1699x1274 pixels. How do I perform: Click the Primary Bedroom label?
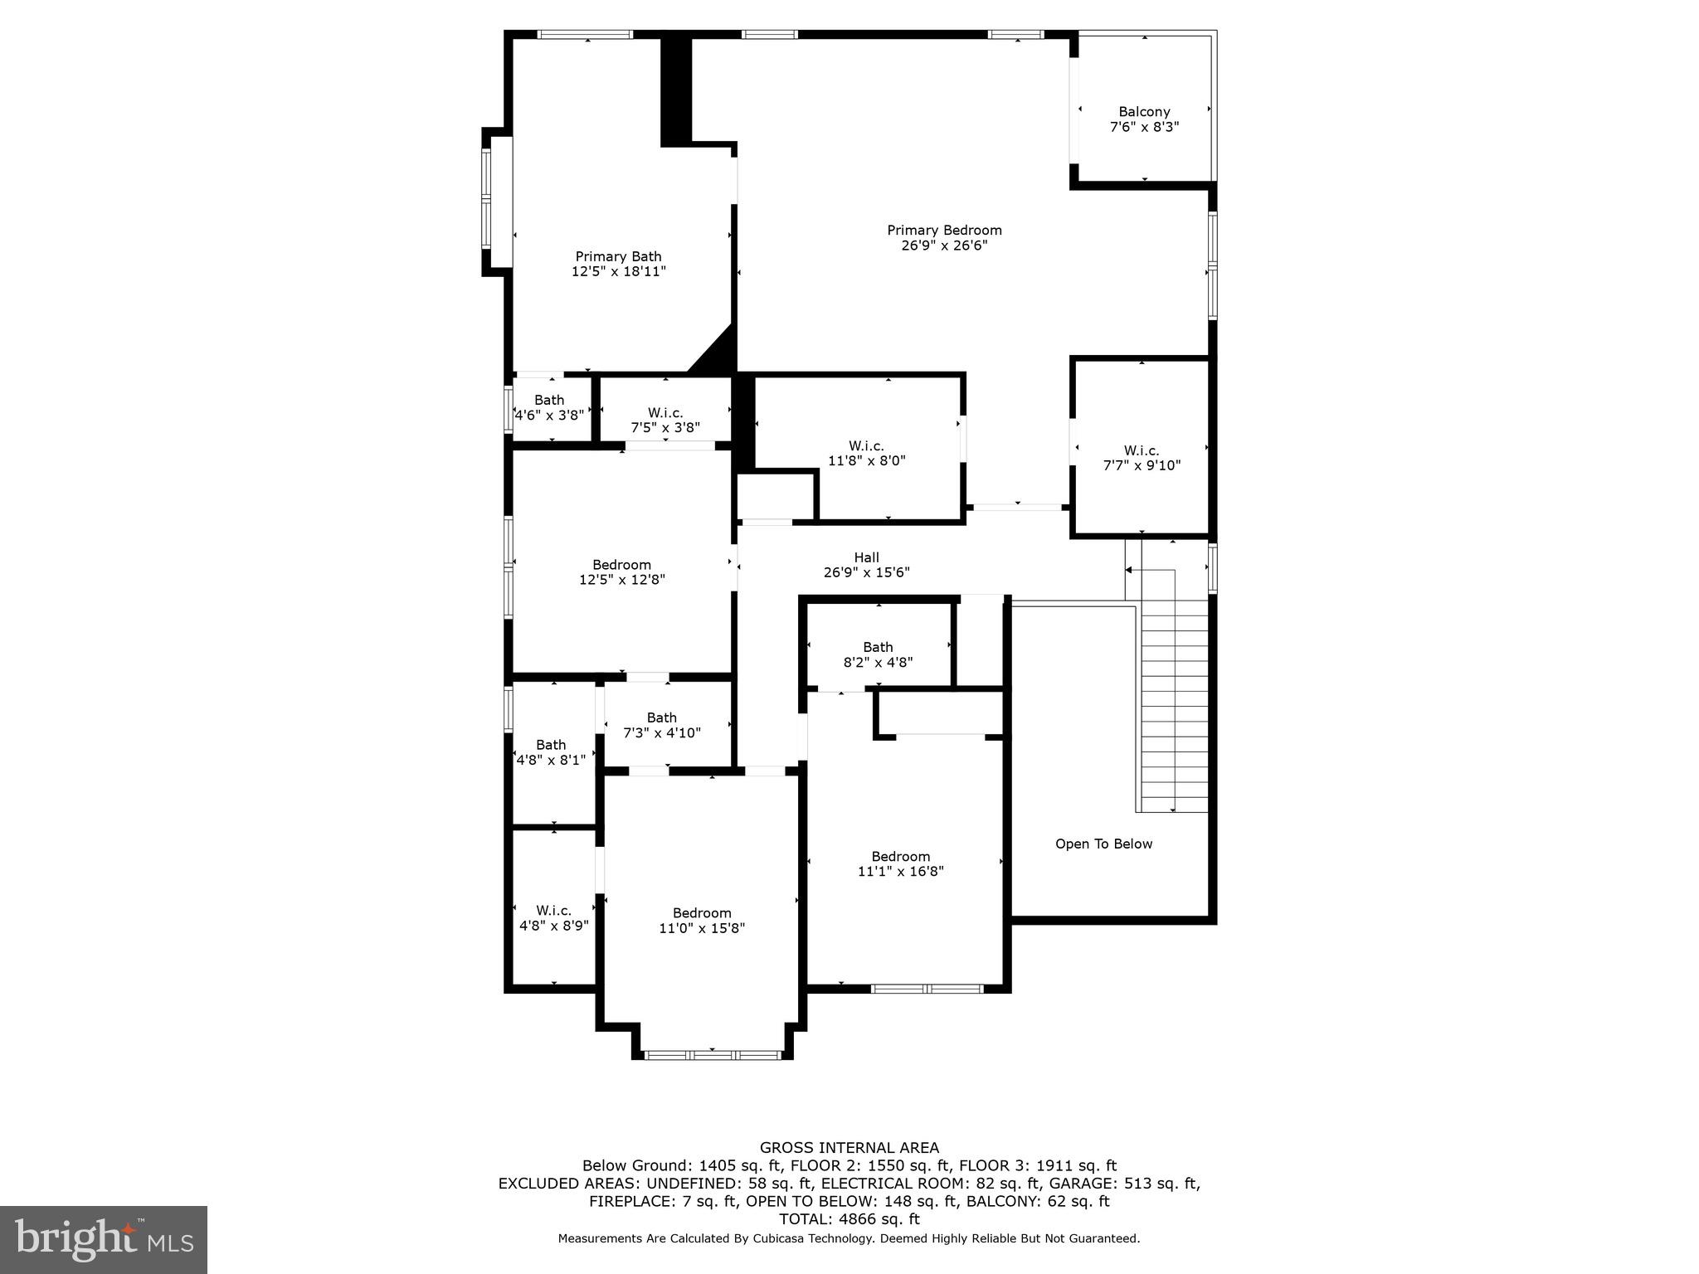coord(944,238)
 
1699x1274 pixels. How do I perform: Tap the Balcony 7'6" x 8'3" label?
coord(1144,119)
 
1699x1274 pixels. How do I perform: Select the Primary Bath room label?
coord(619,264)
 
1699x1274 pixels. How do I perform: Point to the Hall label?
coord(866,565)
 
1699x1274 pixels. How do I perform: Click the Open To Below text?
coord(1103,844)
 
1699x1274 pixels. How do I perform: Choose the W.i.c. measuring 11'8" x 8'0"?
coord(866,453)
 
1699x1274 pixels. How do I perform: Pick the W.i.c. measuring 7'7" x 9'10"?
coord(1142,458)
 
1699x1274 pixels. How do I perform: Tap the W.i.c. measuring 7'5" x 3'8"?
coord(665,420)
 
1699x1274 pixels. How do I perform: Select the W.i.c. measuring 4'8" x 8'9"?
coord(553,917)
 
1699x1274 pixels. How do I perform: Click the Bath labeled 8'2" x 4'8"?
coord(878,654)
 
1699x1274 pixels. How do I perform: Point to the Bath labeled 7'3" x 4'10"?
coord(662,725)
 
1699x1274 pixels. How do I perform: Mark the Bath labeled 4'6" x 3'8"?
coord(549,407)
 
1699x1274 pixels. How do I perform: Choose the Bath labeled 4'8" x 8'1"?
coord(551,752)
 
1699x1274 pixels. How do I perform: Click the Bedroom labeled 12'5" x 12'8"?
coord(621,572)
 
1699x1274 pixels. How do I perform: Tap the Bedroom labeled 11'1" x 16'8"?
coord(900,863)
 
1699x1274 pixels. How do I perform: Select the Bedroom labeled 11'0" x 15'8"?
coord(702,920)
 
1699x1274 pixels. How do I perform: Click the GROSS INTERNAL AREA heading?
coord(849,1148)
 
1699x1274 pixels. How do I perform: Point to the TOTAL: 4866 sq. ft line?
coord(849,1219)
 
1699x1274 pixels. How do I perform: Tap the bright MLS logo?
coord(104,1239)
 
